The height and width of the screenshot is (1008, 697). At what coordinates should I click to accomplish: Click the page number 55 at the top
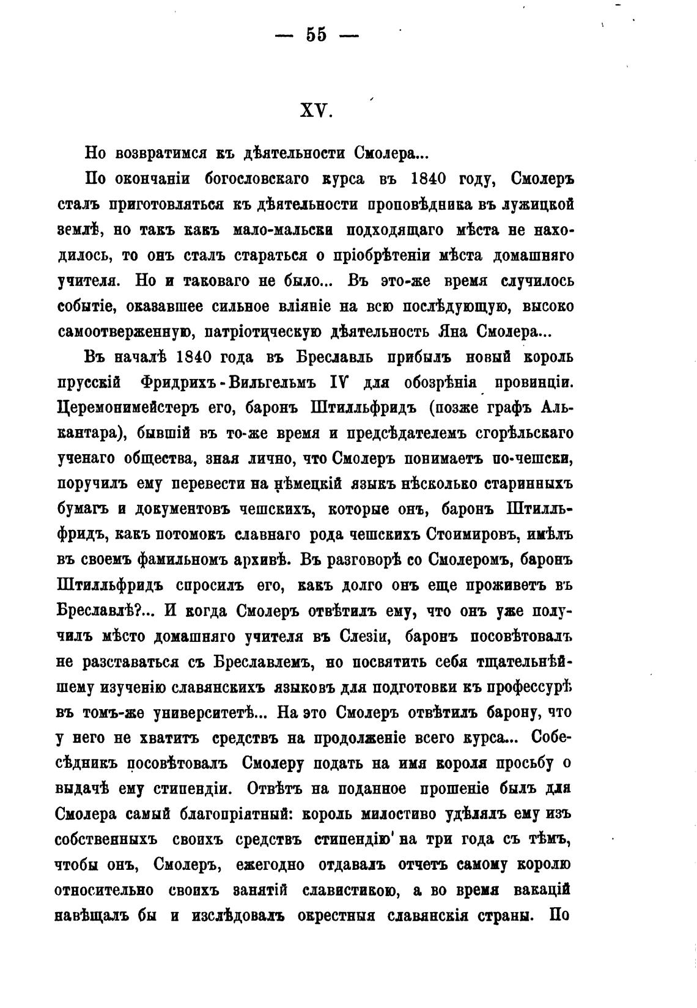[x=317, y=35]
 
